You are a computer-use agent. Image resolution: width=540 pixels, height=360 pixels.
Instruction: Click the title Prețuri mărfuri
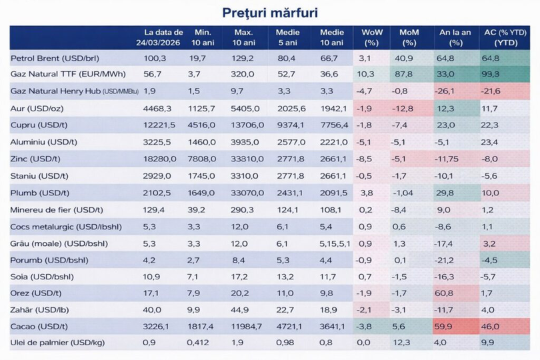pyautogui.click(x=270, y=13)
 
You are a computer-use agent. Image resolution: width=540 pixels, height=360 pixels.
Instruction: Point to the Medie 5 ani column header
pyautogui.click(x=289, y=37)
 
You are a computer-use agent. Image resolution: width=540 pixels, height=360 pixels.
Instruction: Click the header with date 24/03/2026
pyautogui.click(x=163, y=37)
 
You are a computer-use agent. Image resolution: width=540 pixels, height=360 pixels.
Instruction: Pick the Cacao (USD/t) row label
pyautogui.click(x=39, y=327)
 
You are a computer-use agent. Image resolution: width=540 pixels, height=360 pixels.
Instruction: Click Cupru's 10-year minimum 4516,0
pyautogui.click(x=203, y=125)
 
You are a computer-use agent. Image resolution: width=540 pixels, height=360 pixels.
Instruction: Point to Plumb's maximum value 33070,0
pyautogui.click(x=248, y=193)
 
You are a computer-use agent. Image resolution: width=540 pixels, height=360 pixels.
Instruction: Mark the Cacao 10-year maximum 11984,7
pyautogui.click(x=248, y=327)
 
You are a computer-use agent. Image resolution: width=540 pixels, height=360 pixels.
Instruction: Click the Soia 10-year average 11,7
pyautogui.click(x=327, y=277)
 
